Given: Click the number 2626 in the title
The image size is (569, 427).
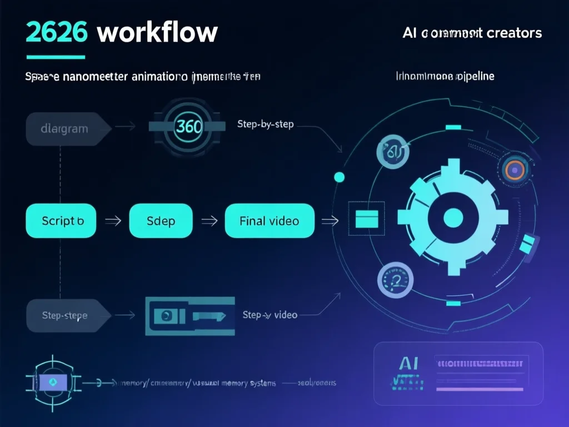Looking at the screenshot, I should pyautogui.click(x=57, y=33).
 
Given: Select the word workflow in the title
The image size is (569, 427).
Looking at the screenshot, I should pyautogui.click(x=157, y=33).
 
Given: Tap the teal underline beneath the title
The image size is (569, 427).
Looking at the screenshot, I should pyautogui.click(x=56, y=57).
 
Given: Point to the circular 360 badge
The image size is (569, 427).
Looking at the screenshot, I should pyautogui.click(x=188, y=126).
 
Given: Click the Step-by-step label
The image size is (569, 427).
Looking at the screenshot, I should pyautogui.click(x=265, y=124).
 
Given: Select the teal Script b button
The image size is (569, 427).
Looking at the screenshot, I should pyautogui.click(x=61, y=221).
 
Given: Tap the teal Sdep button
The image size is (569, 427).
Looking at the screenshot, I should pyautogui.click(x=161, y=221).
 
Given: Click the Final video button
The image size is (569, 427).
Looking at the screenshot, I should pyautogui.click(x=269, y=221).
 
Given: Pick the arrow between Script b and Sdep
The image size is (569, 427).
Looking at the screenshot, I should pyautogui.click(x=113, y=221).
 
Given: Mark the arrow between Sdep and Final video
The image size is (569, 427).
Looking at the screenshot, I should pyautogui.click(x=209, y=221).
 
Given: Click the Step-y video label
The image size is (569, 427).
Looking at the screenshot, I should pyautogui.click(x=270, y=315).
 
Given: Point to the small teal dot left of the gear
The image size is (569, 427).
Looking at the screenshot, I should pyautogui.click(x=339, y=177).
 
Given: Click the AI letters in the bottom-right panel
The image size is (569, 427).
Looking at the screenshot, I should pyautogui.click(x=409, y=364).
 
